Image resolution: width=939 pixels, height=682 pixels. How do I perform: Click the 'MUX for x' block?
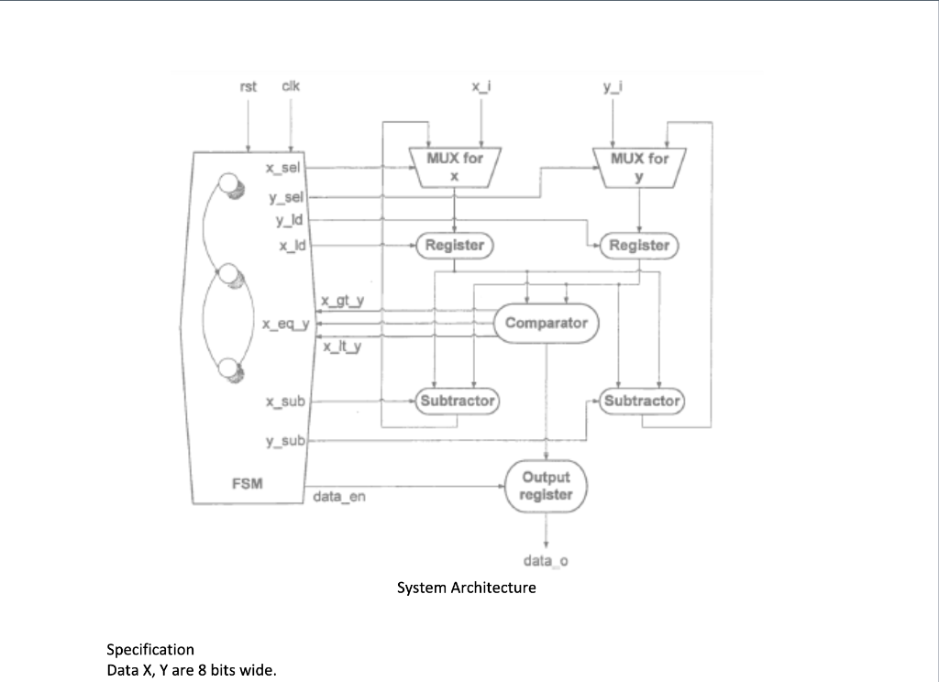coord(455,166)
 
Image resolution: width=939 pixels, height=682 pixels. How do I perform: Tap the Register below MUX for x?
coord(455,245)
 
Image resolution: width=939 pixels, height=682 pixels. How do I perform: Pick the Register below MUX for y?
coord(639,245)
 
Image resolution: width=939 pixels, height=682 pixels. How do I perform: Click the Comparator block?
coord(546,323)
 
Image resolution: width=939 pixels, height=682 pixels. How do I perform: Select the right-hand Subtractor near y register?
coord(642,401)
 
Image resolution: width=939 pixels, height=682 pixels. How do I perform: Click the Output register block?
coord(546,486)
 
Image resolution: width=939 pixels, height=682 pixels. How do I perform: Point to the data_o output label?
coord(546,560)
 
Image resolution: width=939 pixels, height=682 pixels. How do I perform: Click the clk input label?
coord(290,86)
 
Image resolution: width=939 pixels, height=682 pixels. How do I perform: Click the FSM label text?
coord(248,484)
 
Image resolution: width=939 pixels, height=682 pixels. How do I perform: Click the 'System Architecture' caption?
coord(466,588)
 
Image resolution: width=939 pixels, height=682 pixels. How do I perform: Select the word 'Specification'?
coord(150,649)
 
